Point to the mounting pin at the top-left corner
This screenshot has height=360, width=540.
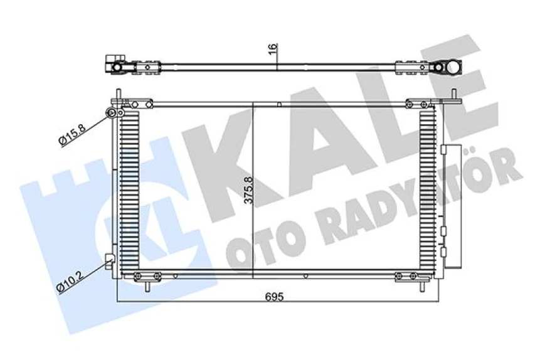pos(118,95)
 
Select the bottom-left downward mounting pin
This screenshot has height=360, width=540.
pos(148,285)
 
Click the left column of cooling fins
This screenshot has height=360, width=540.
pos(128,188)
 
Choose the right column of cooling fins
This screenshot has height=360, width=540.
pos(427,188)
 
